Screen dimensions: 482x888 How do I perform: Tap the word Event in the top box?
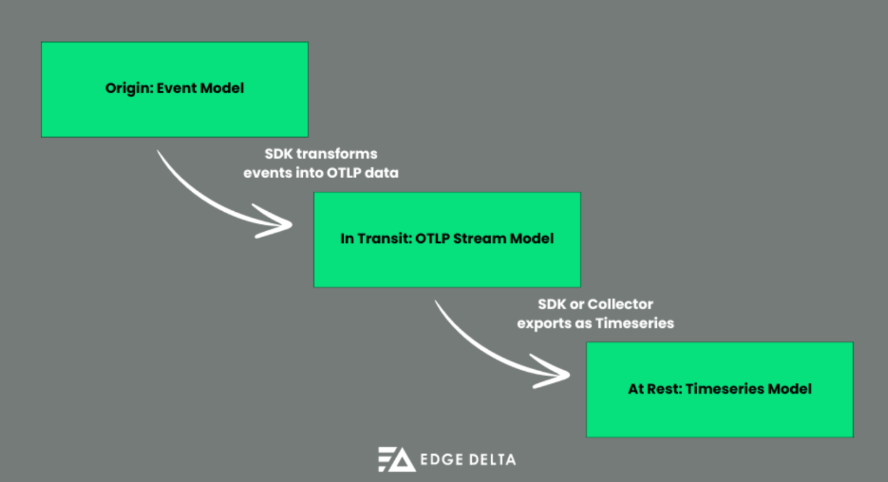tap(174, 88)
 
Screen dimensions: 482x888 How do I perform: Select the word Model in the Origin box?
tap(222, 88)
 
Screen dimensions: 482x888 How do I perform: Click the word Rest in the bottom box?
tap(665, 389)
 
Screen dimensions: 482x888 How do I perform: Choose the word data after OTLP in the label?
tap(382, 173)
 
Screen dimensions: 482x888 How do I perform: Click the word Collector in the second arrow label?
tap(620, 304)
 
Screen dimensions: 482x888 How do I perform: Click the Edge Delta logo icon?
tap(396, 459)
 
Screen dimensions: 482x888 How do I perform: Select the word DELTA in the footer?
tap(490, 460)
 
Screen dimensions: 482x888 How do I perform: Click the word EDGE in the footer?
tap(440, 460)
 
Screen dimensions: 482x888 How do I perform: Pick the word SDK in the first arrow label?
tap(278, 155)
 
